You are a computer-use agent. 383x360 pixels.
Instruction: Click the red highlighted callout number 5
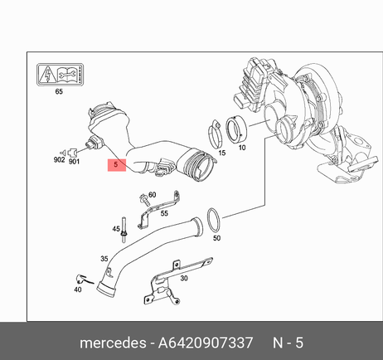(116, 164)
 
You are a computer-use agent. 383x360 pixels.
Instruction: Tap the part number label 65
(59, 91)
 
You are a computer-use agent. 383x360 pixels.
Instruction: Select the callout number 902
(59, 160)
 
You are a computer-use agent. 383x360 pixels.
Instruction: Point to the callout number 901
(74, 162)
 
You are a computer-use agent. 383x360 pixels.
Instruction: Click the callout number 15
(222, 153)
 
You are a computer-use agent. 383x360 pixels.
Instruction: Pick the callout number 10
(242, 148)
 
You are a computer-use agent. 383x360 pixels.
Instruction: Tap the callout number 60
(153, 195)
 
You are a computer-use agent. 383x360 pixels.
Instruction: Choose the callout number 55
(164, 213)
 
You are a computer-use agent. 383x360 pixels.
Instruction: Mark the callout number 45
(116, 229)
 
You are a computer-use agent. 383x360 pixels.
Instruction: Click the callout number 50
(216, 238)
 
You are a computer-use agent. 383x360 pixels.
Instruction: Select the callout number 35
(104, 259)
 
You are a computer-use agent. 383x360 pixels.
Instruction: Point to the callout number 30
(184, 278)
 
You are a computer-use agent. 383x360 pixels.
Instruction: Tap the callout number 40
(78, 289)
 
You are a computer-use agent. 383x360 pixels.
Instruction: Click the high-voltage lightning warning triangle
(48, 75)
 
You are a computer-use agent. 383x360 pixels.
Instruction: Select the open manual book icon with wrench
(67, 75)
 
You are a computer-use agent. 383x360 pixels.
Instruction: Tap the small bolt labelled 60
(144, 200)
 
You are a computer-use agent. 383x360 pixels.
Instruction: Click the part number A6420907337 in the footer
(206, 343)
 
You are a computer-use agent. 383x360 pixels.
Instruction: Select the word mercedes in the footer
(113, 343)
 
